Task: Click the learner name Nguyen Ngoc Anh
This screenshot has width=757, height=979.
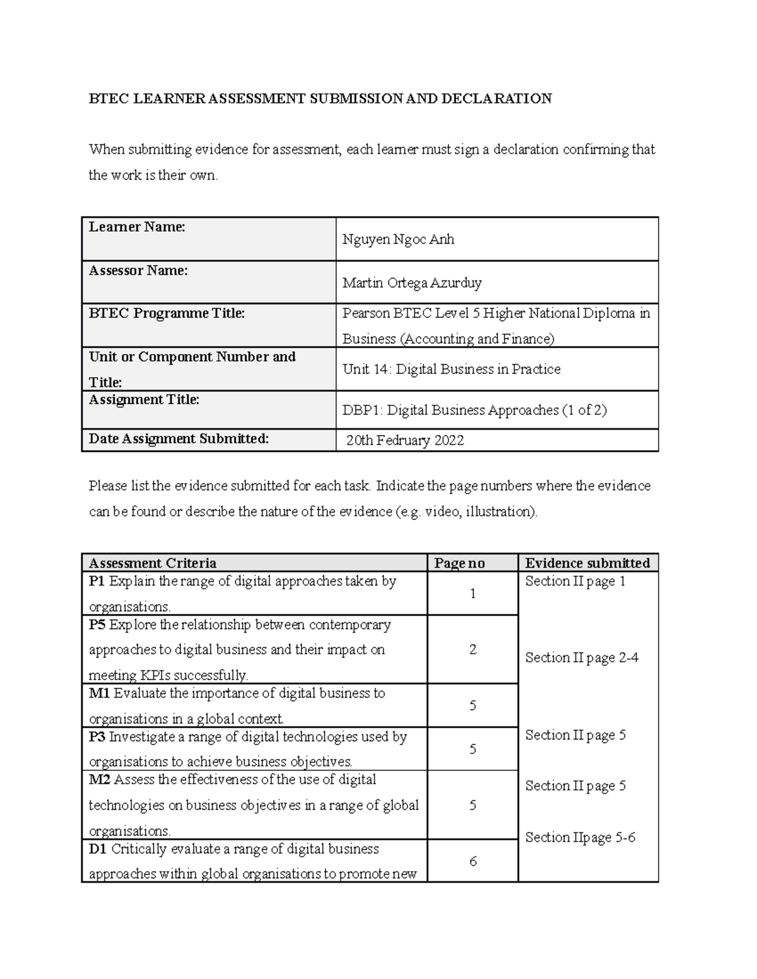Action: point(398,240)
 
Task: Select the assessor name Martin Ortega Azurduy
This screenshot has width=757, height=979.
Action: point(412,283)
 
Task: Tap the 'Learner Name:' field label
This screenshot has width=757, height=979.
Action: point(137,227)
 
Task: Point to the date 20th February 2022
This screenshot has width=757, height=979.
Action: point(405,441)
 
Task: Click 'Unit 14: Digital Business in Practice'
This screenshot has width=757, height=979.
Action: point(451,369)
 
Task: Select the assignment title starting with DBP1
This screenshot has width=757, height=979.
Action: point(474,410)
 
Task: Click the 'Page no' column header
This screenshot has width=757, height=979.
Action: point(459,564)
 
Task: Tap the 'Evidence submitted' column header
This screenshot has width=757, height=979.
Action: point(587,564)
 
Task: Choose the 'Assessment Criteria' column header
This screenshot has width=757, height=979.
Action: point(153,564)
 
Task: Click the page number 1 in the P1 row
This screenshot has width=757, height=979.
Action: point(472,594)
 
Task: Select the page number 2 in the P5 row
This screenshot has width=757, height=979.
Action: point(472,650)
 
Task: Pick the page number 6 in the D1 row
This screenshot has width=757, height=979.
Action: point(473,862)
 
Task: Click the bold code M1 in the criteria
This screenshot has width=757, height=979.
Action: point(99,693)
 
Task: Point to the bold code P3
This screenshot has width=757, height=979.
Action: point(97,737)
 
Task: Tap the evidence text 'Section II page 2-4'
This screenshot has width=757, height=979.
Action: point(582,658)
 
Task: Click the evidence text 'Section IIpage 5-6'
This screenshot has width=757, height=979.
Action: point(580,838)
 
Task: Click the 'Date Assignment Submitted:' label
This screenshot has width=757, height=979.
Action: point(179,439)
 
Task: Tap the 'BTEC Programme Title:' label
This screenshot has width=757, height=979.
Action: point(167,313)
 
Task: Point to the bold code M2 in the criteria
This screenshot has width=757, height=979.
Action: point(99,780)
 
